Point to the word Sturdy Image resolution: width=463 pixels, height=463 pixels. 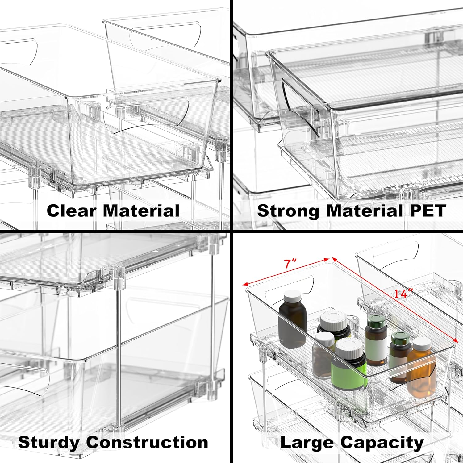(x=49, y=443)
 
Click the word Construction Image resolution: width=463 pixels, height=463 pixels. (x=147, y=443)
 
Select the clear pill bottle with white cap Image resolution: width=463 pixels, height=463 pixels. (x=323, y=355)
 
